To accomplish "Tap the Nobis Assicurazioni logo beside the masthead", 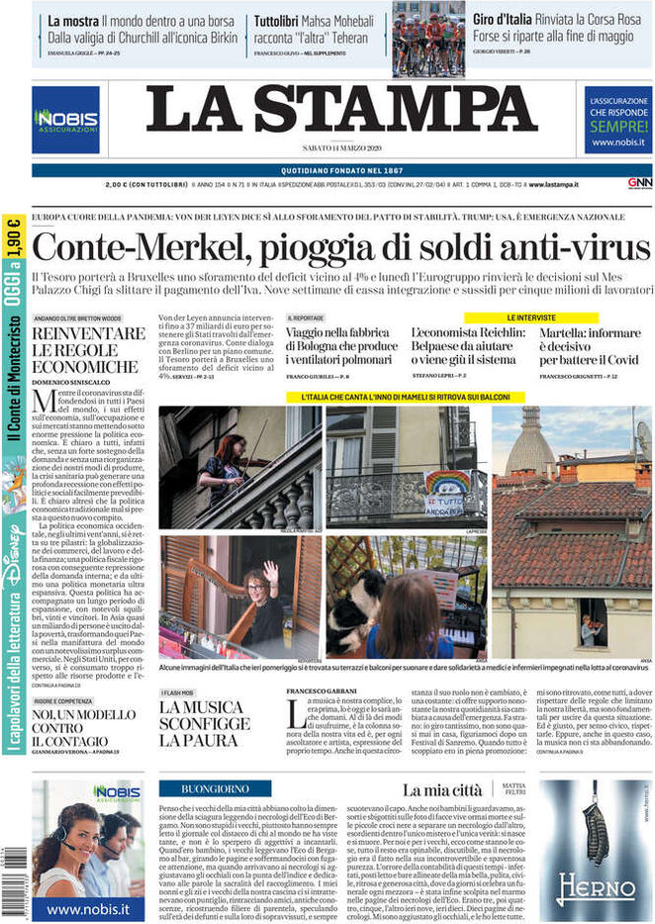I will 65,120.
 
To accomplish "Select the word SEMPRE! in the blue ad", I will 618,128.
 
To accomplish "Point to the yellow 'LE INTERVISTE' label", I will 531,319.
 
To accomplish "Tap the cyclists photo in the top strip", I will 427,39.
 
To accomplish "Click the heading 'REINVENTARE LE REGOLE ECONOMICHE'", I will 87,349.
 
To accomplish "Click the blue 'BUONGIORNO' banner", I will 213,788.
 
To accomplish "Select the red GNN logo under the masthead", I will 639,183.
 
